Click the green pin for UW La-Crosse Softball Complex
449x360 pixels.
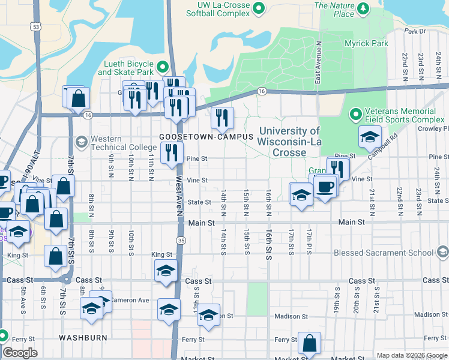[259, 8]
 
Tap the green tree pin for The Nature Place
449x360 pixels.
[363, 8]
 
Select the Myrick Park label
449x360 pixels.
[366, 43]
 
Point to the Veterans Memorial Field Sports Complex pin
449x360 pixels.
[355, 113]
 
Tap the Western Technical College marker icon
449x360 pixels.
[82, 142]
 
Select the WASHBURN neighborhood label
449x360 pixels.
[83, 338]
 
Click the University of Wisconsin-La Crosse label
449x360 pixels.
[289, 142]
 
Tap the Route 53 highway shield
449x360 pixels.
[37, 27]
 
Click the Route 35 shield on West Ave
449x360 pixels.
[179, 239]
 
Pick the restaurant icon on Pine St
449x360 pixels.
[172, 153]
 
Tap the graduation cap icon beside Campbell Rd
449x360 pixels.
[370, 137]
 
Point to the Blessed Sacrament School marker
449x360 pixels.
[442, 253]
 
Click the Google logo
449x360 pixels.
[19, 353]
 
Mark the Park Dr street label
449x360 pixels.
[414, 31]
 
